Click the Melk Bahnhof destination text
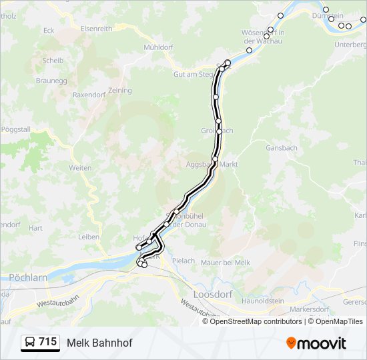click(x=99, y=343)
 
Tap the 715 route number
click(x=47, y=342)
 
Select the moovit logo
click(x=316, y=343)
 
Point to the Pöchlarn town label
click(x=26, y=277)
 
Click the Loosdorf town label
click(x=212, y=293)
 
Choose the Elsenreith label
click(x=96, y=29)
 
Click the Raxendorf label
click(x=90, y=95)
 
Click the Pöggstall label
click(x=16, y=129)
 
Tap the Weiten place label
click(x=80, y=168)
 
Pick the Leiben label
click(x=89, y=237)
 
